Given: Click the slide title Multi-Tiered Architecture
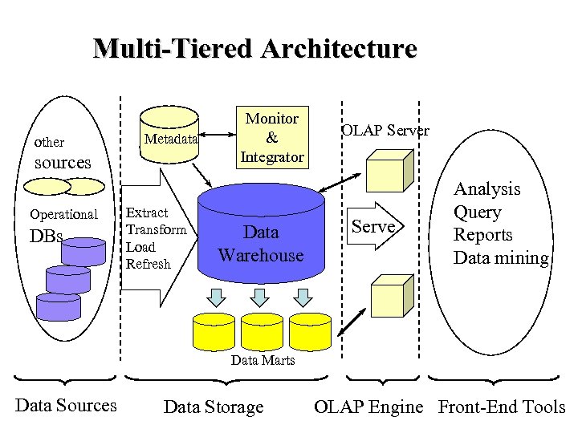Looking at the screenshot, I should (255, 48).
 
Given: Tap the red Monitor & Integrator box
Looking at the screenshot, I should (271, 138).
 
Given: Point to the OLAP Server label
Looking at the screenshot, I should (385, 130).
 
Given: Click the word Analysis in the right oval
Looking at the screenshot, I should (486, 189).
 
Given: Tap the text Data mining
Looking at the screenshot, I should (501, 258).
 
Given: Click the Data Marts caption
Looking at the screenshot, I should (263, 360).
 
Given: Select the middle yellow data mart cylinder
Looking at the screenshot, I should (262, 330).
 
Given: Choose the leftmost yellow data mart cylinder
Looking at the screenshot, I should (214, 330).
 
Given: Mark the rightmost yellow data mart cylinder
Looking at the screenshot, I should (310, 330).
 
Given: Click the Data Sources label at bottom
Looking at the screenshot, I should (66, 406).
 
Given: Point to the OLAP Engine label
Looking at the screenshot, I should (368, 407).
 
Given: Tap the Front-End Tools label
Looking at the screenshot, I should (502, 407).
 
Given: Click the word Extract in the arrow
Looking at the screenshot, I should (147, 213).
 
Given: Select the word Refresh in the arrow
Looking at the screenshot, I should (149, 265).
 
